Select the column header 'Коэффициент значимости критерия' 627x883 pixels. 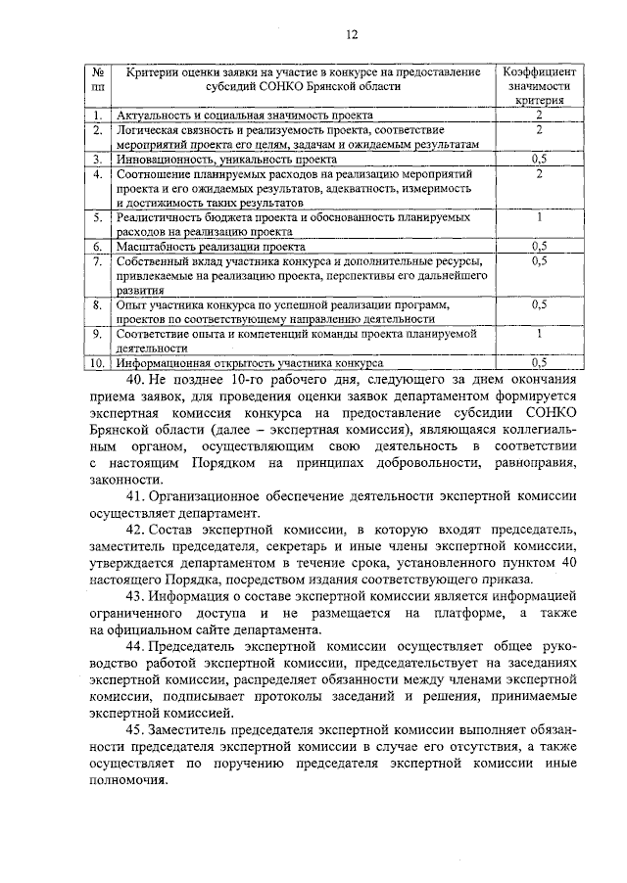pyautogui.click(x=539, y=86)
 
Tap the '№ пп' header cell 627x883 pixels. pyautogui.click(x=98, y=79)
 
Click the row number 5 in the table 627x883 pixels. pyautogui.click(x=98, y=217)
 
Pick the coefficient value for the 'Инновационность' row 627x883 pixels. pyautogui.click(x=538, y=158)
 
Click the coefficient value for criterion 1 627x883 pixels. pyautogui.click(x=538, y=116)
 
